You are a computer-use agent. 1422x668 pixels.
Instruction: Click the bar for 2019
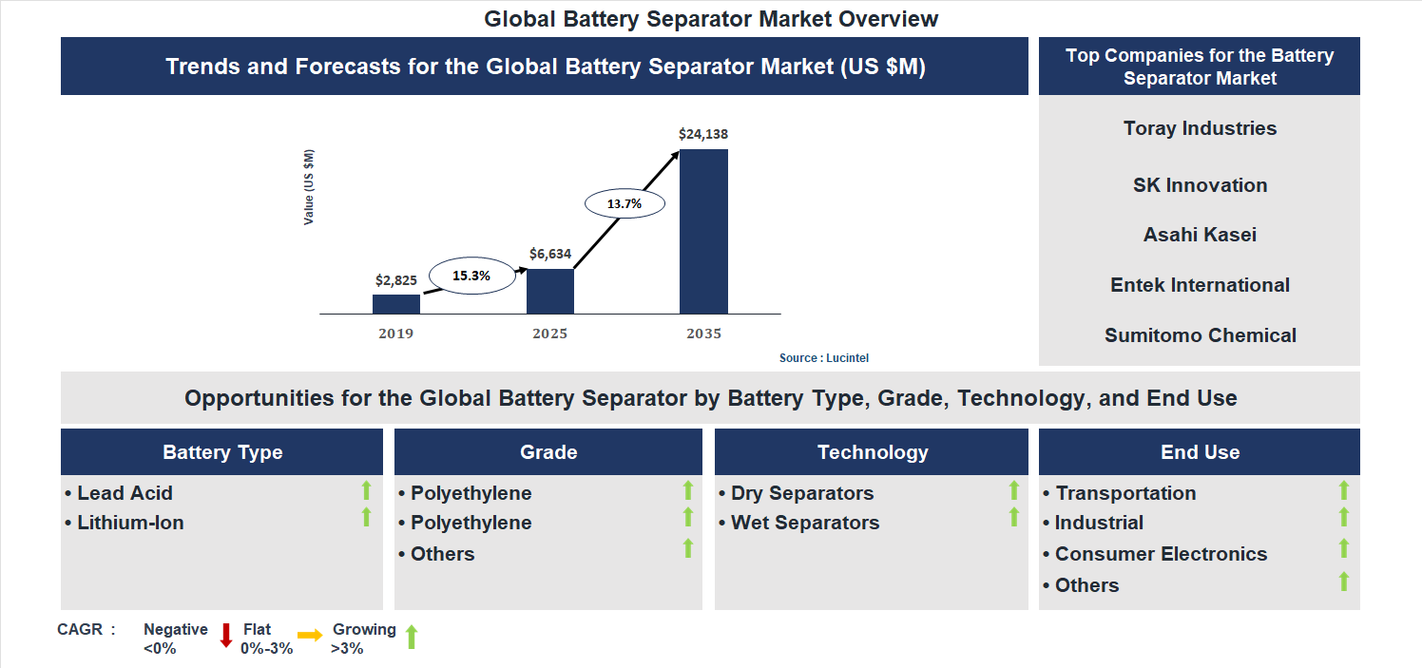[396, 304]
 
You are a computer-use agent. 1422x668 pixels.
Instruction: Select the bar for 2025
[550, 291]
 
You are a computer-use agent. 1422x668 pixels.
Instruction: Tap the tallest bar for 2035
[703, 231]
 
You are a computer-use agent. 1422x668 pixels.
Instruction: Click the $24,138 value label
[703, 134]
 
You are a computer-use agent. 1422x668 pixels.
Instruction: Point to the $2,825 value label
[396, 280]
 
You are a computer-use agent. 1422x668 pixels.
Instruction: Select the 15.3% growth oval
[471, 276]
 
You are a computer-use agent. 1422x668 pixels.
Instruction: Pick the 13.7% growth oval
[625, 203]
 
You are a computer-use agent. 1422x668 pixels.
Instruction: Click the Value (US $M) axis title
[309, 187]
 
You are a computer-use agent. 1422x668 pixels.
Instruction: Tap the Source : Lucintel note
[824, 358]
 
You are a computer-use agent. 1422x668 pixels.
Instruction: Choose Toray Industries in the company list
[1200, 128]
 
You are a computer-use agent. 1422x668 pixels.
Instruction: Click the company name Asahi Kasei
[1200, 235]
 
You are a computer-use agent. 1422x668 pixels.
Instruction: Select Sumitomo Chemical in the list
[1200, 335]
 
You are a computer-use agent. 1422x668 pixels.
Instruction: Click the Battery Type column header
[222, 452]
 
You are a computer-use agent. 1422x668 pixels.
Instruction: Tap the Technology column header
[872, 452]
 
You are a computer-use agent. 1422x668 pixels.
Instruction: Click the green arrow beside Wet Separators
[1014, 517]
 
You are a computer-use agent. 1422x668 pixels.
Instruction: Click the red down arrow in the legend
[226, 636]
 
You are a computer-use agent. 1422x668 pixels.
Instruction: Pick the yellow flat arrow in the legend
[310, 636]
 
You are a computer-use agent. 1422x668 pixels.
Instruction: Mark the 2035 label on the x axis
[703, 334]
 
